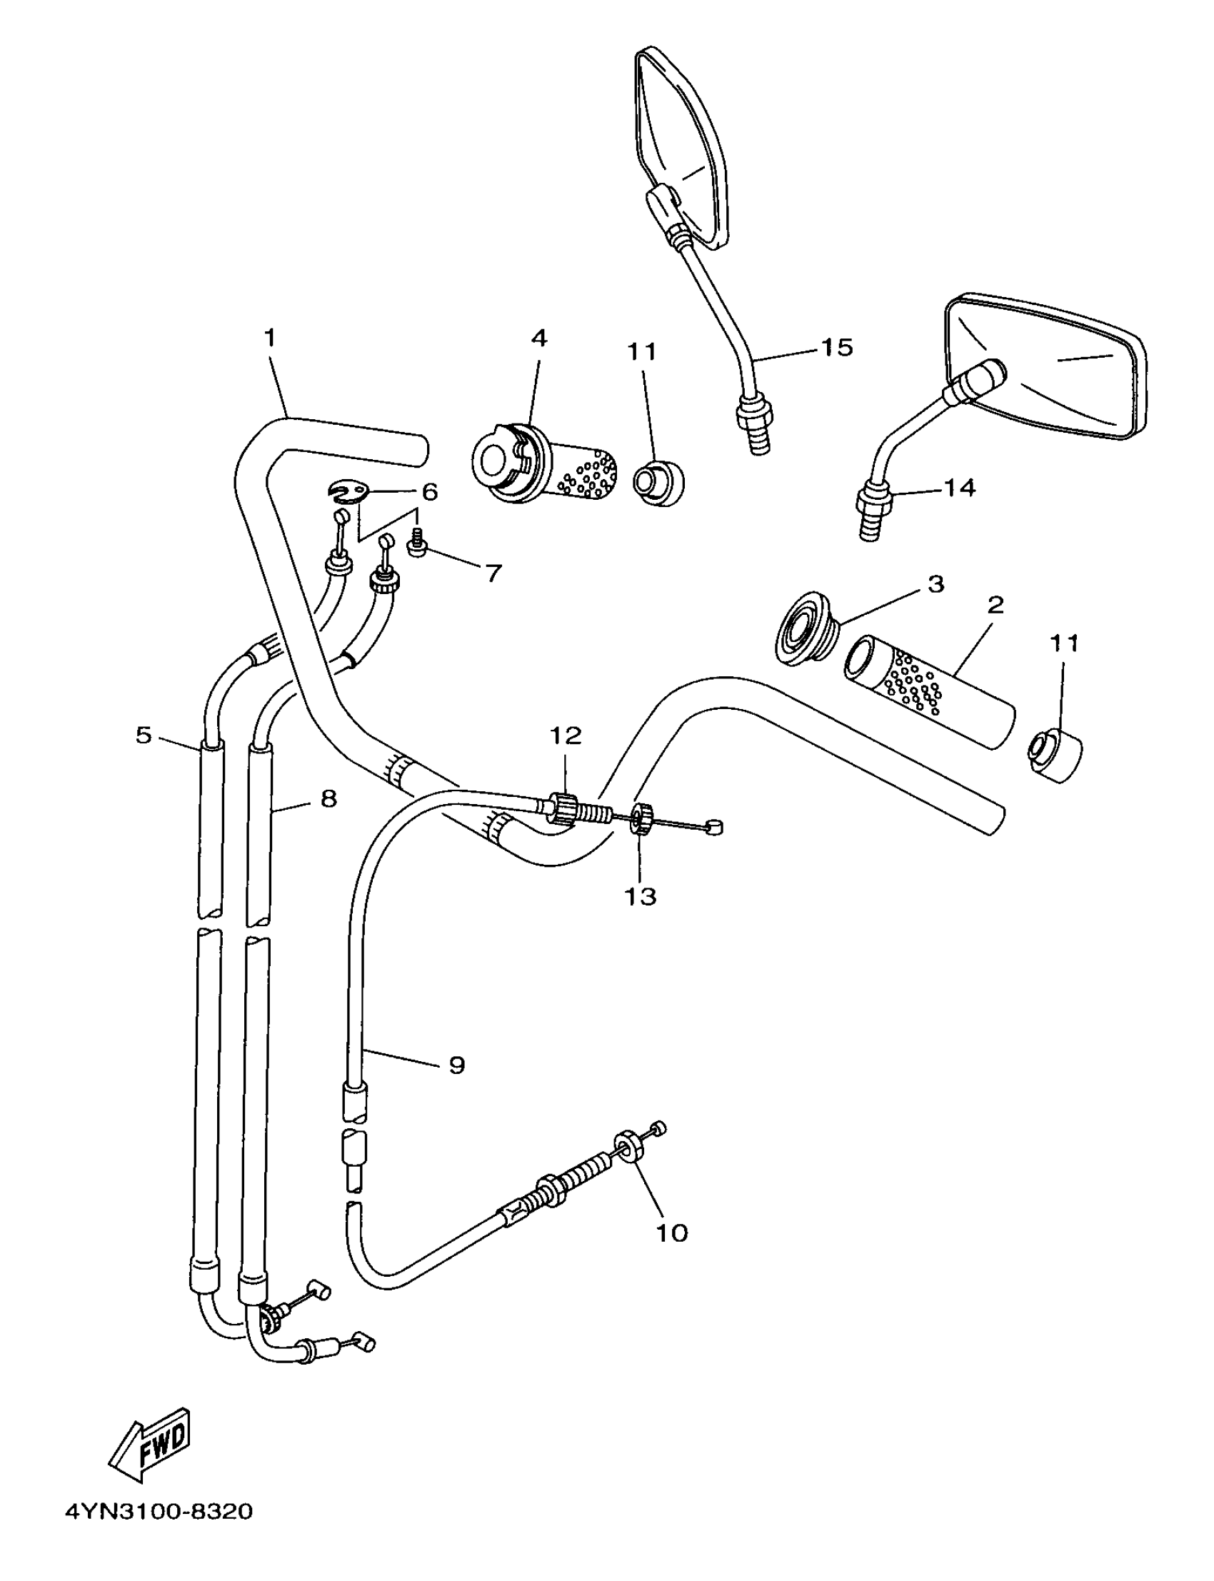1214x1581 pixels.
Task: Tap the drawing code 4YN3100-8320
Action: coord(159,1530)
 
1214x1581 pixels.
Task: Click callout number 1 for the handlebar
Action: coord(270,338)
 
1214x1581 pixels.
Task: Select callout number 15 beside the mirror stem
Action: coord(837,348)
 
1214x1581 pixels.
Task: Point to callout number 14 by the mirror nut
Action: coord(960,488)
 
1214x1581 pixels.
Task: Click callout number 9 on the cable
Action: coord(456,1065)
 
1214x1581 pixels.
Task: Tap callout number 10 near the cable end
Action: coord(671,1233)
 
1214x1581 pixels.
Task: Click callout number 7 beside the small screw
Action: coord(492,573)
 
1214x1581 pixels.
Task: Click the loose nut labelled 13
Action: coord(641,818)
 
